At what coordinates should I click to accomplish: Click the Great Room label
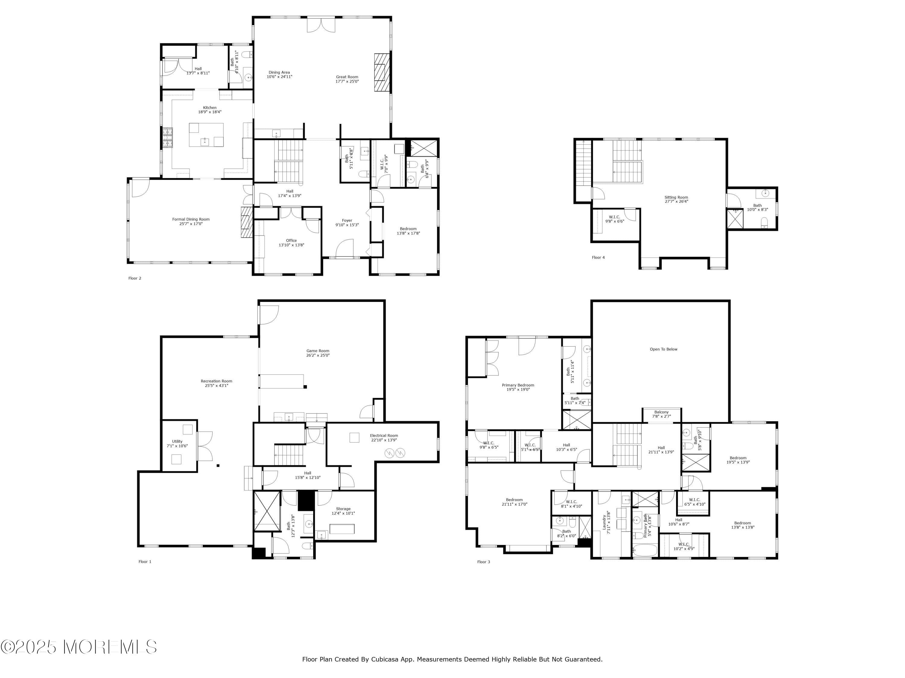point(347,77)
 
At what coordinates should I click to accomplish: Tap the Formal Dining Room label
point(191,219)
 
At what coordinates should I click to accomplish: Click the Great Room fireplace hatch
point(381,72)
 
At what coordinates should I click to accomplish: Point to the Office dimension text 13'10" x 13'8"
point(291,245)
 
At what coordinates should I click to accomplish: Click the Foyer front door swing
point(345,248)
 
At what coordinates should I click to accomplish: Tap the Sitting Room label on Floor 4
point(676,197)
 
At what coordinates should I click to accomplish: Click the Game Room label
point(317,351)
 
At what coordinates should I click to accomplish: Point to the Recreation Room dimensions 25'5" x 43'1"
point(216,385)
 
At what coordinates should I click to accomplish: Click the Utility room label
point(177,441)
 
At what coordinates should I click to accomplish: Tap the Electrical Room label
point(384,436)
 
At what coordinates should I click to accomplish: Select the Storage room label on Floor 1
point(343,509)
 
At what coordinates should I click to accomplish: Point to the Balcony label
point(661,412)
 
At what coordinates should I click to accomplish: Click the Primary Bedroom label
point(518,385)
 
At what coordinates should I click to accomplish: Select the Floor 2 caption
point(135,278)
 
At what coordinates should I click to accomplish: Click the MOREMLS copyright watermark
point(78,647)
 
